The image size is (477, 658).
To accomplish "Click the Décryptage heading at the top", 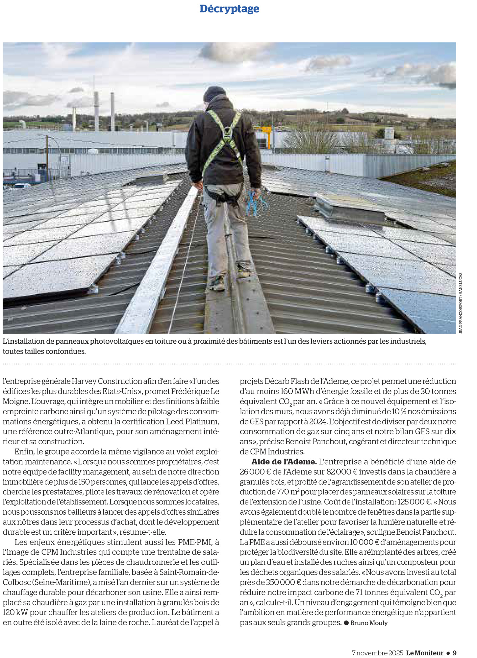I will coord(229,9).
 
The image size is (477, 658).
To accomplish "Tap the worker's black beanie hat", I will coord(214,93).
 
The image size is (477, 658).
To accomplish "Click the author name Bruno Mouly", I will coord(369,623).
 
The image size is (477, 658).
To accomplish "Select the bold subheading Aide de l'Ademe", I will coord(284,462).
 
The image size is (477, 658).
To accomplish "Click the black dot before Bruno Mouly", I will coord(346,623).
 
